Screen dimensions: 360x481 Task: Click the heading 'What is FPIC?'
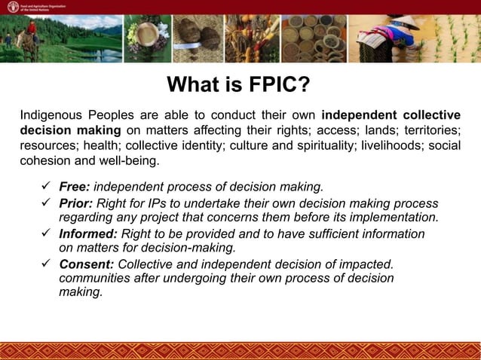(x=238, y=84)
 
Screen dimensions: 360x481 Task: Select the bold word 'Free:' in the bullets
(x=75, y=186)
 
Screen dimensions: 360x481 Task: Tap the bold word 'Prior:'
(x=76, y=204)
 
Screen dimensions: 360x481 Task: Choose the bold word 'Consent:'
(x=87, y=264)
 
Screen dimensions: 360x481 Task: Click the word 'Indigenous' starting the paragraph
(x=52, y=115)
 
